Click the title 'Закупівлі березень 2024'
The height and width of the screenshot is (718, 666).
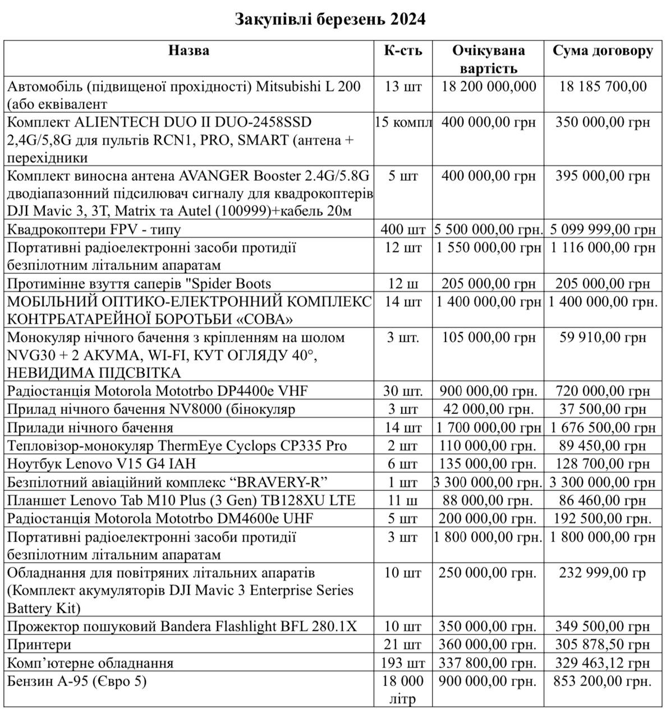click(x=329, y=20)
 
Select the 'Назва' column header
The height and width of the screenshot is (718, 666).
click(x=189, y=51)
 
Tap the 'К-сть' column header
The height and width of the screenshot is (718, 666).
click(x=403, y=51)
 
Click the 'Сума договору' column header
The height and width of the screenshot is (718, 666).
click(x=603, y=51)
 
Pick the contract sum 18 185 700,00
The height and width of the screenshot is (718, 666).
click(x=603, y=86)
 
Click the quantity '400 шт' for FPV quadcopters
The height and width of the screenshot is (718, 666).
click(x=403, y=229)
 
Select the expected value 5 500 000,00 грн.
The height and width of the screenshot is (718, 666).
click(x=488, y=229)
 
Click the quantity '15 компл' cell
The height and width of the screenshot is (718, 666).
click(x=403, y=122)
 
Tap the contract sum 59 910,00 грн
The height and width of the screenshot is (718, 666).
click(x=603, y=338)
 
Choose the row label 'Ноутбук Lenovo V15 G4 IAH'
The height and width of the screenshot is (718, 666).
click(x=102, y=464)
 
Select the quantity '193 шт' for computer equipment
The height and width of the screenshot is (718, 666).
click(x=403, y=663)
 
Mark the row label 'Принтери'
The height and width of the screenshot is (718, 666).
click(x=39, y=645)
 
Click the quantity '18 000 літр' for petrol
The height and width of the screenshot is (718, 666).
click(x=403, y=690)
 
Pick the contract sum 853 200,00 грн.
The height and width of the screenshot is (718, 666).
click(x=603, y=682)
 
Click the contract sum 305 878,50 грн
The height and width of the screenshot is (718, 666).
click(x=603, y=645)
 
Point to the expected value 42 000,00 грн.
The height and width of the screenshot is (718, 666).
click(x=488, y=409)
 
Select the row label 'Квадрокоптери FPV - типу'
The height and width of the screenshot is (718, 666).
click(x=94, y=229)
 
